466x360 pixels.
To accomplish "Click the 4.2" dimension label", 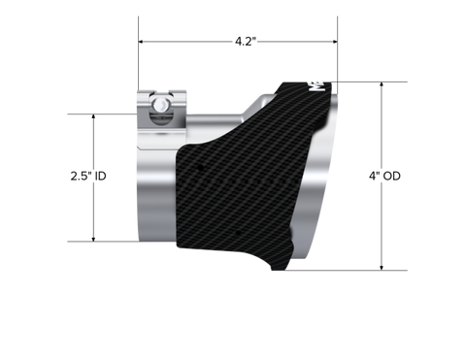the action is coord(246,42).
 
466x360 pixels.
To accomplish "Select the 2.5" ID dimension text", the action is coord(88,176).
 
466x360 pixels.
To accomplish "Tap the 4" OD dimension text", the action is coord(384,176).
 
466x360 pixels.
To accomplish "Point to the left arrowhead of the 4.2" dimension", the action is coord(141,42).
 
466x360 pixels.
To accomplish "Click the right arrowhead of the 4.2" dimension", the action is coord(335,42).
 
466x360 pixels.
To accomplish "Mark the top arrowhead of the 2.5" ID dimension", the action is coord(93,116).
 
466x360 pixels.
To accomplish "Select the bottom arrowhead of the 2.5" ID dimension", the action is coord(93,239).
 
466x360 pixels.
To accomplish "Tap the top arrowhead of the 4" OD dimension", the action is coord(382,84).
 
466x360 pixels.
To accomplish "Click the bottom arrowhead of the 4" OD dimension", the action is coord(382,268).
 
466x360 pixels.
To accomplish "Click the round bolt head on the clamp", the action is coord(160,105).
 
